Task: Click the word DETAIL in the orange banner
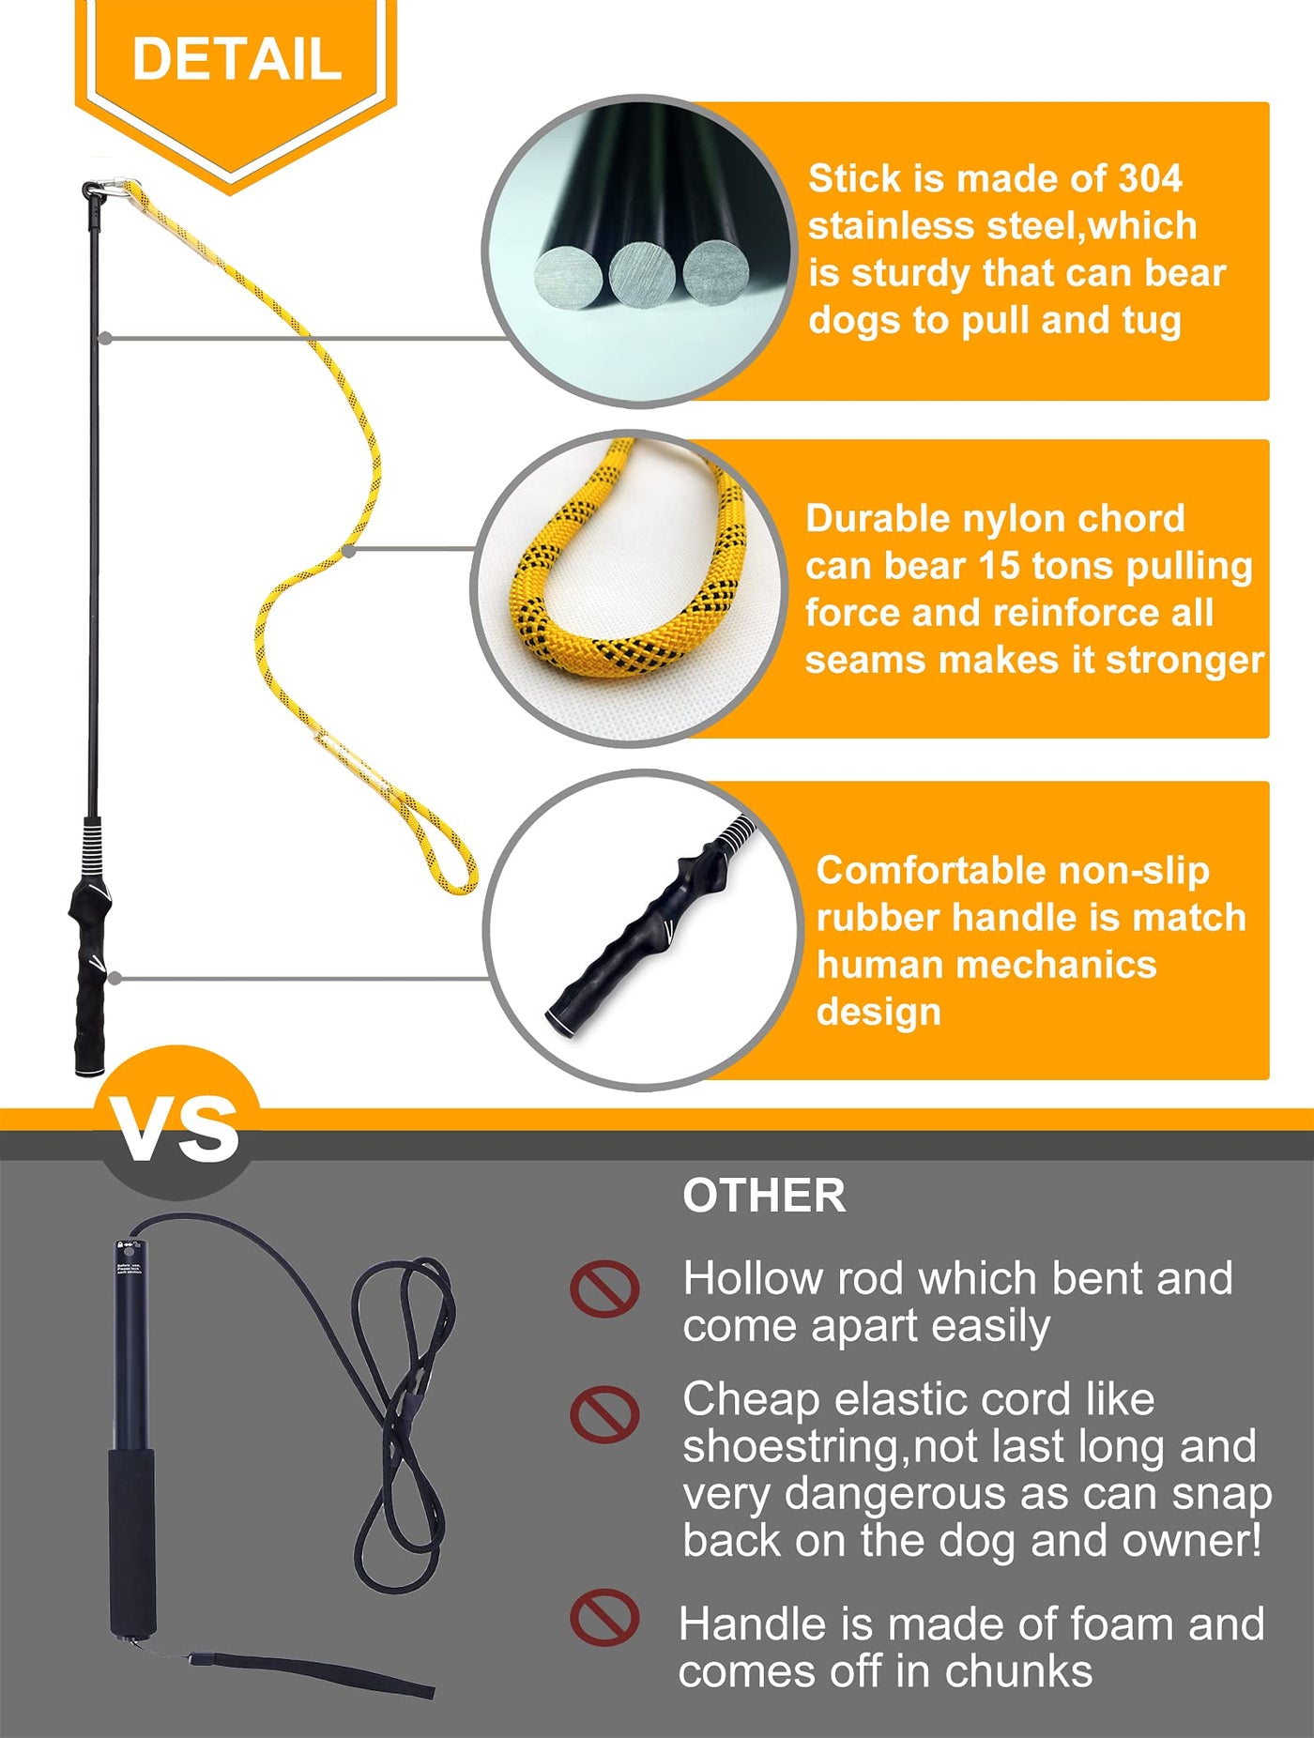tap(236, 58)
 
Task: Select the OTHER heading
tap(764, 1196)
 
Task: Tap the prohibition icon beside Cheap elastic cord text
tap(605, 1413)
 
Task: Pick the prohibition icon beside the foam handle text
tap(605, 1617)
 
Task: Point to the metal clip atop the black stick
tap(105, 190)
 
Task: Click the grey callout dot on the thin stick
tap(106, 338)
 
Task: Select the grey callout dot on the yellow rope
tap(348, 551)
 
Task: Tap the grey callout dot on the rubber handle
tap(115, 979)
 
